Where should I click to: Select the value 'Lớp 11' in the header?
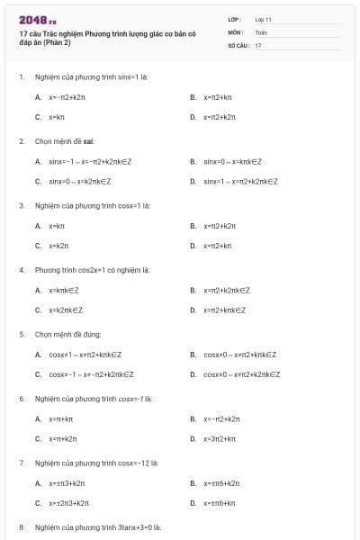tap(263, 19)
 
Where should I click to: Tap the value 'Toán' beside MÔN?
tap(261, 31)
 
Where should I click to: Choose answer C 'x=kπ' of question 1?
tap(56, 117)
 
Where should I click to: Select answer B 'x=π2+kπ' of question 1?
tap(218, 96)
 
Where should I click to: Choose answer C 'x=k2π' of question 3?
tap(58, 245)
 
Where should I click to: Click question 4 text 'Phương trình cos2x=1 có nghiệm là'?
tap(92, 269)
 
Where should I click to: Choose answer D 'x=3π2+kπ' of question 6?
tap(220, 438)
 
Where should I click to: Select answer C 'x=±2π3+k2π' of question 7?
tap(67, 503)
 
